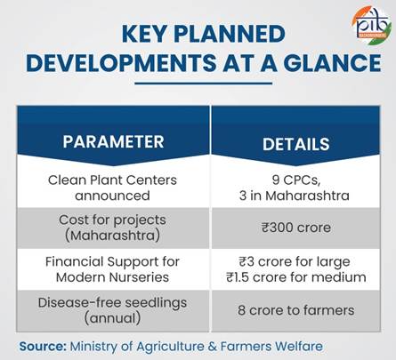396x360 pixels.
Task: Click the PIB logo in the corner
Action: [371, 25]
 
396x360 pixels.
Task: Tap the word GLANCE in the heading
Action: [332, 63]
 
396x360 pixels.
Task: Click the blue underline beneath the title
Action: [203, 84]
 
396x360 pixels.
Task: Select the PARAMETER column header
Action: [113, 141]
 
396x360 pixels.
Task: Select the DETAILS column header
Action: [296, 144]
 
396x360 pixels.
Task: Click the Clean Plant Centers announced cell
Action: [112, 188]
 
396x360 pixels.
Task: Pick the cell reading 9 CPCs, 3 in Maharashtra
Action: [295, 188]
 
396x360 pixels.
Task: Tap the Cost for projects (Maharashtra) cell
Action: [112, 228]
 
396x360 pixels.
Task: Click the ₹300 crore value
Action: [296, 228]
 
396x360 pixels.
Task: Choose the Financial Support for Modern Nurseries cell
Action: [112, 269]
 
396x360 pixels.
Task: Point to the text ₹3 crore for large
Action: [295, 262]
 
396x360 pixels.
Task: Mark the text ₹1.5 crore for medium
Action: [296, 277]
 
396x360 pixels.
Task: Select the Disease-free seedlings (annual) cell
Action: [112, 310]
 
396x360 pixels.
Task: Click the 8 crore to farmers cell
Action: [296, 310]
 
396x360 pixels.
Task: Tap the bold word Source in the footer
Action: [43, 347]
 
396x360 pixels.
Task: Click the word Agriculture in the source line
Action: [171, 347]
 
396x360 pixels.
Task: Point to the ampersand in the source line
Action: [213, 347]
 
